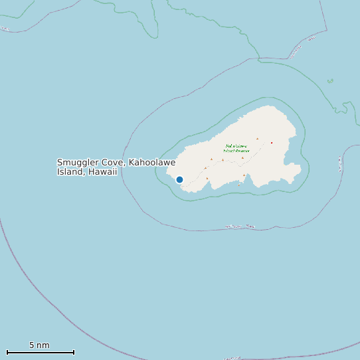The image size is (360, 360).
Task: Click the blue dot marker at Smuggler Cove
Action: tap(179, 179)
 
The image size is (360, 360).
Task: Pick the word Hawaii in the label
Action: tap(102, 172)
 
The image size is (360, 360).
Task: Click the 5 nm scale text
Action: tap(39, 345)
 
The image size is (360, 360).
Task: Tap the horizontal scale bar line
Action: tap(40, 352)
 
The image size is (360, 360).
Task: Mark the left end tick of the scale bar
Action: tap(7, 352)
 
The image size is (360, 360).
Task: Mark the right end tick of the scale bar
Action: tap(74, 352)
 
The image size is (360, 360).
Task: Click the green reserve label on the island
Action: tap(236, 148)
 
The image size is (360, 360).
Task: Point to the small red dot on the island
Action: tap(272, 143)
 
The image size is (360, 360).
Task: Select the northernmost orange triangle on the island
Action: tap(257, 139)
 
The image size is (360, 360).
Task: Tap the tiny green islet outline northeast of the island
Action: tap(330, 82)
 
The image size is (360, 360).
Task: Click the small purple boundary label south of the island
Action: tap(240, 226)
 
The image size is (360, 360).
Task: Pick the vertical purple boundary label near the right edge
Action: tap(340, 163)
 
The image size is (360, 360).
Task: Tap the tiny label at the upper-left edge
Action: tap(5, 29)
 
